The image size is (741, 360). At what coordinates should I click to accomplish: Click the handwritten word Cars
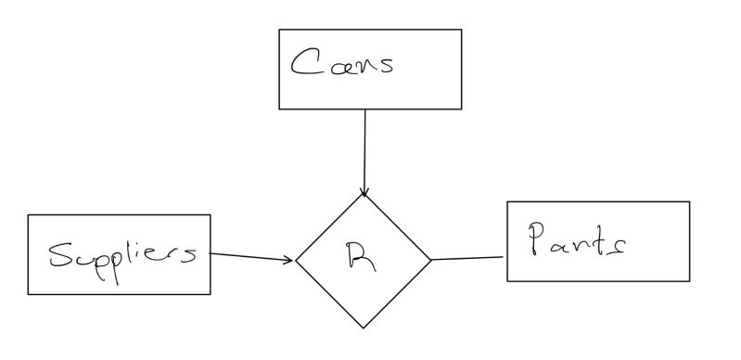click(342, 64)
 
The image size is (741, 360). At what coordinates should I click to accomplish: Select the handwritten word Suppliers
click(122, 253)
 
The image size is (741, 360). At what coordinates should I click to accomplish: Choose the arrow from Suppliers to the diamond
click(250, 256)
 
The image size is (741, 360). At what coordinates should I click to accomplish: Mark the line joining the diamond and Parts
click(468, 258)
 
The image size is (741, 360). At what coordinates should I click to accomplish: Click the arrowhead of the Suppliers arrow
click(289, 259)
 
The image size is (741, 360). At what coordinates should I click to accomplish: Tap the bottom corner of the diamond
click(364, 328)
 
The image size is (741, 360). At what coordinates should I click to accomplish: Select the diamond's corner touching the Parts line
click(431, 259)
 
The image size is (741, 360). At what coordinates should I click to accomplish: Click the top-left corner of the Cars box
click(279, 30)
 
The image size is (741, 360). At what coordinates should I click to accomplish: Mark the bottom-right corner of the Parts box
click(689, 280)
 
